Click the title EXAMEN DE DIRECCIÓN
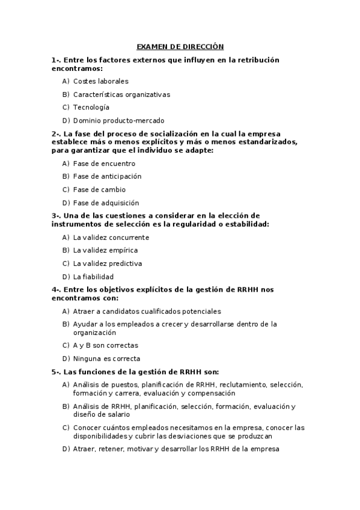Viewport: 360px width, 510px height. pos(180,46)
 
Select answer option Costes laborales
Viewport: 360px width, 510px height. pos(100,81)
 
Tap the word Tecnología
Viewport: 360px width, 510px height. pos(91,108)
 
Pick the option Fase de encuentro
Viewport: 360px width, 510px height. pos(104,164)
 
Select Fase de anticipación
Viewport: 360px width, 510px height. pos(107,177)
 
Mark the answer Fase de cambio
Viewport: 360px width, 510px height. pos(99,190)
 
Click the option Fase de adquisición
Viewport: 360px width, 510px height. pos(106,203)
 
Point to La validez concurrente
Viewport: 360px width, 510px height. pos(111,238)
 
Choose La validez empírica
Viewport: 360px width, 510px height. pos(105,250)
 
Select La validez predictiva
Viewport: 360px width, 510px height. pos(107,263)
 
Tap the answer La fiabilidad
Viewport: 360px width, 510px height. pos(93,277)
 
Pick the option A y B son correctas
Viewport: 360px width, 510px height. pos(105,345)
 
